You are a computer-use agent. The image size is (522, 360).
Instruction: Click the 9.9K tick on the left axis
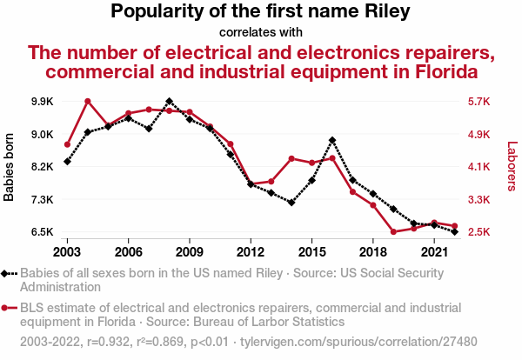pyautogui.click(x=41, y=101)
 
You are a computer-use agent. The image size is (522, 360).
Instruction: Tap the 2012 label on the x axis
pyautogui.click(x=251, y=251)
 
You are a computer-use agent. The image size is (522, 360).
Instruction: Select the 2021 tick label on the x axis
pyautogui.click(x=434, y=251)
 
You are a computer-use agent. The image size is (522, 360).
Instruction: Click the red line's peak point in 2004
pyautogui.click(x=88, y=102)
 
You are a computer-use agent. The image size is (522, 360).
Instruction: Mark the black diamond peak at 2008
pyautogui.click(x=169, y=102)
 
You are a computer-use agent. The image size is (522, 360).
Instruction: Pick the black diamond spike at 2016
pyautogui.click(x=332, y=140)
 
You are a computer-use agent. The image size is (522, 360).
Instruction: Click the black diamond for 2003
pyautogui.click(x=67, y=162)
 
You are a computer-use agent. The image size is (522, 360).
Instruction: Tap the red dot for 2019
pyautogui.click(x=393, y=231)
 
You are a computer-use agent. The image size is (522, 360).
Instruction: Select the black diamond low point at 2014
pyautogui.click(x=291, y=203)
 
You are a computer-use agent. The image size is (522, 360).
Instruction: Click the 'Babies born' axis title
pyautogui.click(x=10, y=167)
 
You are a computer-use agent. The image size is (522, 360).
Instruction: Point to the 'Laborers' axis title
pyautogui.click(x=512, y=167)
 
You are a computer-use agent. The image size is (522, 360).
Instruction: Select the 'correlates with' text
pyautogui.click(x=261, y=33)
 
